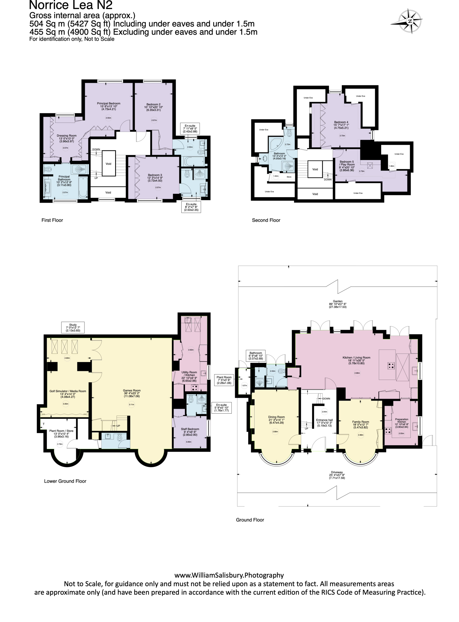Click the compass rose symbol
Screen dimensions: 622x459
[410, 21]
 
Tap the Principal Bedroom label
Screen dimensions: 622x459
[108, 107]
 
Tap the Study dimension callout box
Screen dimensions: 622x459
[73, 327]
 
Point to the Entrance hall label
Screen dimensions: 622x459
[324, 422]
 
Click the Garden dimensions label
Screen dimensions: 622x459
[337, 305]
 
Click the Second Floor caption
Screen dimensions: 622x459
[266, 220]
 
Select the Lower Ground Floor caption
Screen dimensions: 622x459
[65, 481]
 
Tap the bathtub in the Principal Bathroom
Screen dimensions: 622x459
[83, 187]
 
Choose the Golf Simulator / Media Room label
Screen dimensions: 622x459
[68, 393]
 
